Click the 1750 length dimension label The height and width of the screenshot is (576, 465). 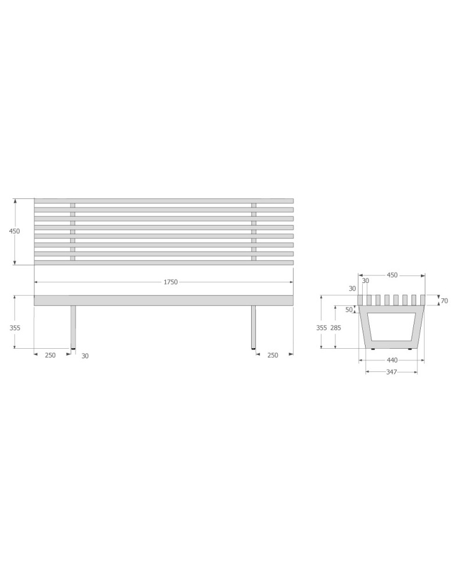click(170, 282)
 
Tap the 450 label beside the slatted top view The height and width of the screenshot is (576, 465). click(15, 231)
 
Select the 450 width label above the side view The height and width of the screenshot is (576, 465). click(392, 275)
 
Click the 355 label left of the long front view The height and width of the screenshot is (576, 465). click(15, 328)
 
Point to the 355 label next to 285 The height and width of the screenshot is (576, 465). click(321, 328)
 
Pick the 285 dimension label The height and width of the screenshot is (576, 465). click(336, 328)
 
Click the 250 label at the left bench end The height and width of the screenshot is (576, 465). click(50, 355)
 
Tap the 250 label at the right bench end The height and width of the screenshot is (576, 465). click(273, 355)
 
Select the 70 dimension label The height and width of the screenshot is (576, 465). click(445, 301)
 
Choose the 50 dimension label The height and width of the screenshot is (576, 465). click(349, 310)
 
